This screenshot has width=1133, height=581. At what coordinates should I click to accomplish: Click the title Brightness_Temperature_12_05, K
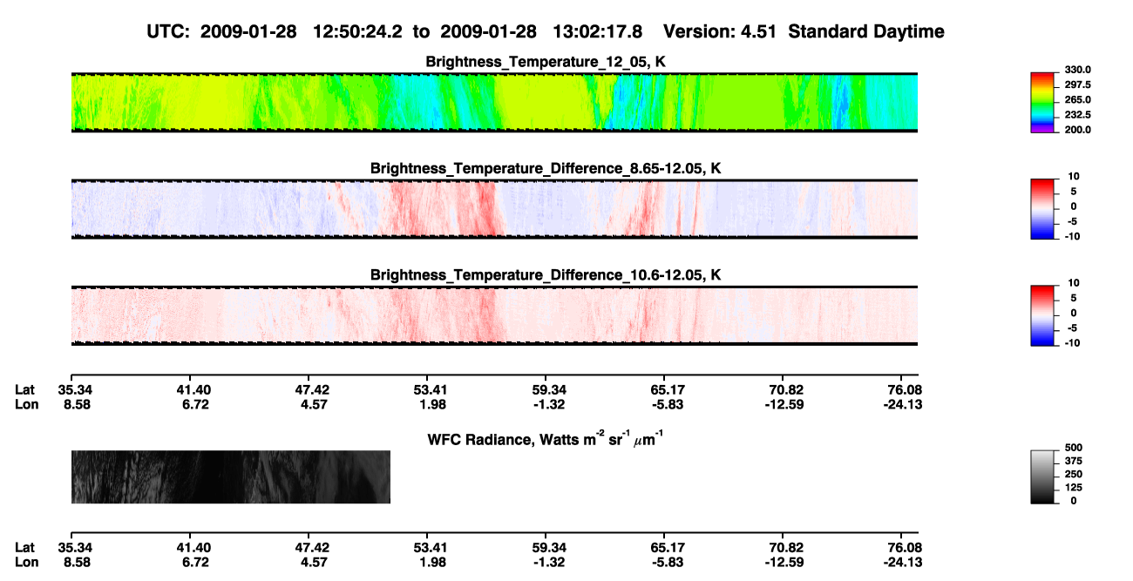pyautogui.click(x=546, y=62)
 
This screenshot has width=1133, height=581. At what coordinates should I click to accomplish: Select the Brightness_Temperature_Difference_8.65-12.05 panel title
pyautogui.click(x=546, y=168)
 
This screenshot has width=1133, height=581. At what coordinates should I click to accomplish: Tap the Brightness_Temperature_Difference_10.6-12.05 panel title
pyautogui.click(x=546, y=275)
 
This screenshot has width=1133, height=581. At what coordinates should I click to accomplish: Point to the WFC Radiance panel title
pyautogui.click(x=546, y=438)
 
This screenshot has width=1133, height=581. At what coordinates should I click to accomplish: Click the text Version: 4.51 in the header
pyautogui.click(x=720, y=31)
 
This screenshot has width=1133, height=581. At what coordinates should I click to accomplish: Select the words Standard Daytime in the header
pyautogui.click(x=866, y=31)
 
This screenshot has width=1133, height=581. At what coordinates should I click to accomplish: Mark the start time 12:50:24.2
pyautogui.click(x=357, y=31)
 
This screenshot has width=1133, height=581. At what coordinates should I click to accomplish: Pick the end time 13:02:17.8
pyautogui.click(x=597, y=31)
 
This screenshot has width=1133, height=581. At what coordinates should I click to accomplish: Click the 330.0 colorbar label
pyautogui.click(x=1077, y=70)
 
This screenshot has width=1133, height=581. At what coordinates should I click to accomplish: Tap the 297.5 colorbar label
pyautogui.click(x=1077, y=84)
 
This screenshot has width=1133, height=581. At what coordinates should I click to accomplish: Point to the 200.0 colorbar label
pyautogui.click(x=1077, y=130)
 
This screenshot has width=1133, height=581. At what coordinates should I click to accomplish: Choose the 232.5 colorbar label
pyautogui.click(x=1077, y=115)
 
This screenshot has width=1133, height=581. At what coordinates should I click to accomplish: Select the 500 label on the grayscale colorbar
pyautogui.click(x=1074, y=448)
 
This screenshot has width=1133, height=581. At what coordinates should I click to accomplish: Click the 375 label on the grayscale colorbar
pyautogui.click(x=1074, y=461)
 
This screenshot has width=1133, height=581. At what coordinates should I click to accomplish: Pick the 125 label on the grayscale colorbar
pyautogui.click(x=1074, y=488)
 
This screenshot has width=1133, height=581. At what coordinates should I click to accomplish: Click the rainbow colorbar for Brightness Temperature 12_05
pyautogui.click(x=1042, y=103)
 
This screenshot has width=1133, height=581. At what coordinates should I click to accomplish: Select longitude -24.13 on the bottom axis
pyautogui.click(x=903, y=563)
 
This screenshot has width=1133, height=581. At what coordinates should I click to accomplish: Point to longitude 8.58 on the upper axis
pyautogui.click(x=77, y=404)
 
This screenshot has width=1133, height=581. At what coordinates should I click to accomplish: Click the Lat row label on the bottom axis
pyautogui.click(x=24, y=548)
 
